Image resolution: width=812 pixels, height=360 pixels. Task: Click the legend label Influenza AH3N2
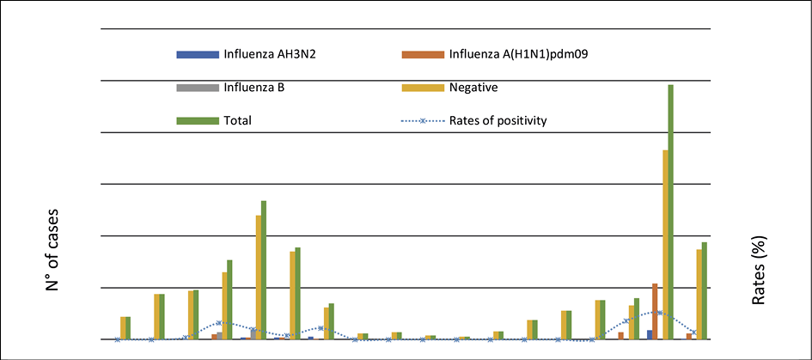tap(266, 54)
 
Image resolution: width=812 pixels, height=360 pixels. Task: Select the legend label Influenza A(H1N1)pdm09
tap(517, 54)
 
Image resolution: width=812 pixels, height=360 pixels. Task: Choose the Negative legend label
tap(473, 87)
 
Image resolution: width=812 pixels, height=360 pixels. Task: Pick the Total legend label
tap(238, 120)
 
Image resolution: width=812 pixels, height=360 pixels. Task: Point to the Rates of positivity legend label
tap(498, 120)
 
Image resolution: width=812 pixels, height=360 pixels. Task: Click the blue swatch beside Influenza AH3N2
tap(198, 54)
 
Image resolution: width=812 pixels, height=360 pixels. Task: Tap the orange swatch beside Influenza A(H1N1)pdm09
tap(423, 54)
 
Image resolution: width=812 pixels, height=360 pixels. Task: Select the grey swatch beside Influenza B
tap(198, 88)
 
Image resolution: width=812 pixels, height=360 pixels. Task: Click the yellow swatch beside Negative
tap(423, 88)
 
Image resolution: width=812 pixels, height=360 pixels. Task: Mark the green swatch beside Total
tap(198, 121)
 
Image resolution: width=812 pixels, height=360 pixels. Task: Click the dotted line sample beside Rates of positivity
tap(423, 121)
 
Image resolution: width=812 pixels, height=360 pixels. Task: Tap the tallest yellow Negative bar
tap(665, 245)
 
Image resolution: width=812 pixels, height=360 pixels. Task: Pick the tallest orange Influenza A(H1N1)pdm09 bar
tap(655, 311)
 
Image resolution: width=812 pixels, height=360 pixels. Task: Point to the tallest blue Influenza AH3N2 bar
tap(650, 334)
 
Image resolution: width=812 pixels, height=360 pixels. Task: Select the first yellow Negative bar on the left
tap(123, 328)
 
